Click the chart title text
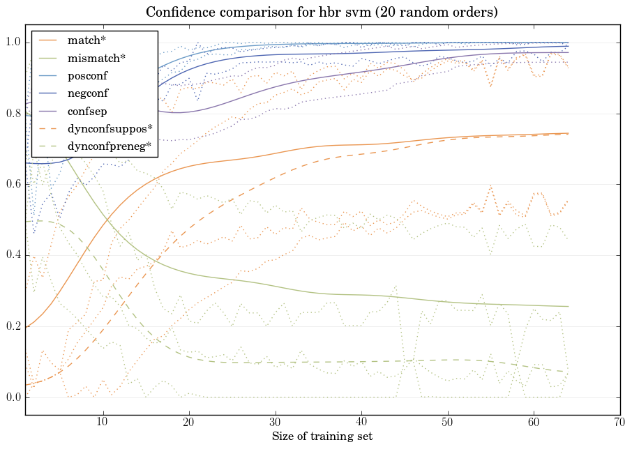322,13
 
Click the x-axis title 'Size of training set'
322,436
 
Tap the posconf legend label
87,75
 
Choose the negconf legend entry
87,93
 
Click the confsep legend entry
86,110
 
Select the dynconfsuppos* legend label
110,128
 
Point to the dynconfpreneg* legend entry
110,146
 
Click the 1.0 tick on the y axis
13,43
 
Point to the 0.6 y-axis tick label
13,185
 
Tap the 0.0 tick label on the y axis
13,397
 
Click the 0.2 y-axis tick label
13,326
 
